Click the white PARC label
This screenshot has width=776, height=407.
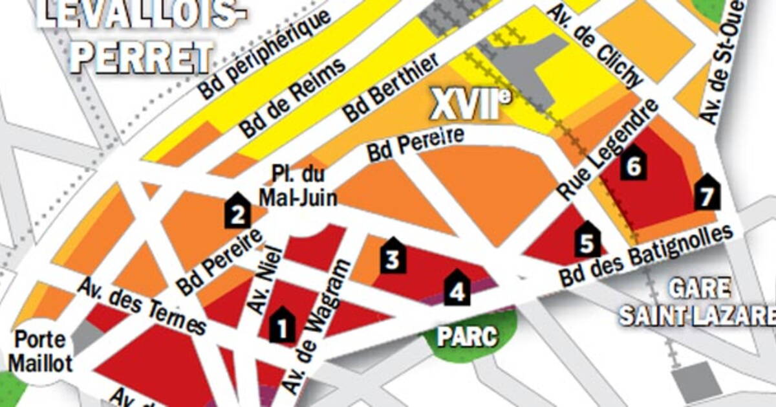(x=466, y=336)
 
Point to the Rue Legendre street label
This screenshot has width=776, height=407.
(x=608, y=149)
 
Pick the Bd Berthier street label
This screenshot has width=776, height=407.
(x=391, y=87)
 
